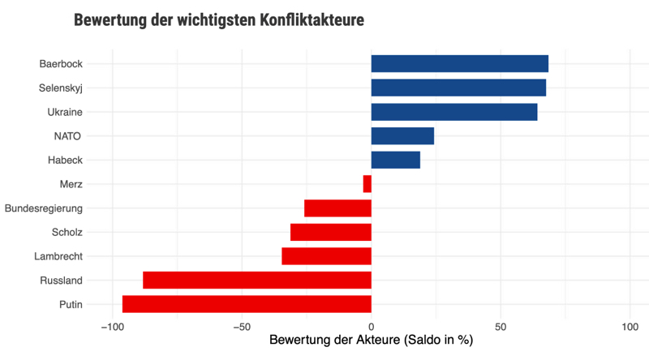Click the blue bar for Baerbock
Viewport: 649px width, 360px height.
(459, 63)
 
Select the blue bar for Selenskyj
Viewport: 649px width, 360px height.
(458, 88)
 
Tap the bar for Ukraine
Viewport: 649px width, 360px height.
(454, 112)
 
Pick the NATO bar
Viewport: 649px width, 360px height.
(402, 135)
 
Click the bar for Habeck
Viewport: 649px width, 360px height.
(396, 160)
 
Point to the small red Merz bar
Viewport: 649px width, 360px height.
(367, 184)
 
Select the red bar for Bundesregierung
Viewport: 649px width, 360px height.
(337, 208)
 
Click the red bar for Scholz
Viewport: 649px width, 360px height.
(331, 232)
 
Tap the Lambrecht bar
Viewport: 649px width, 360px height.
(326, 256)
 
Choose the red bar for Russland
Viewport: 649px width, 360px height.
(257, 281)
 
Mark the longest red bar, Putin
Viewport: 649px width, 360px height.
(247, 304)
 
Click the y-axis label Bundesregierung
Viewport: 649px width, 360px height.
(43, 208)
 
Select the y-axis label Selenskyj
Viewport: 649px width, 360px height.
(61, 88)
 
